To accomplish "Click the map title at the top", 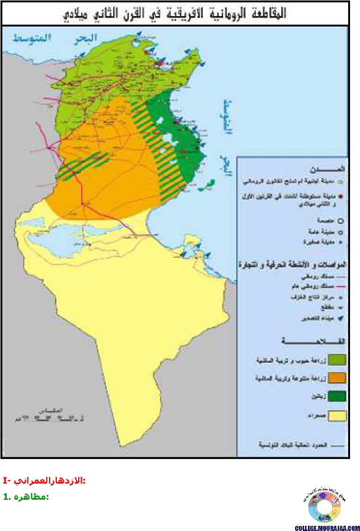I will coord(175,13).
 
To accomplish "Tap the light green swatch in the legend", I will coord(337,360).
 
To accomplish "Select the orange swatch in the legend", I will coord(337,378).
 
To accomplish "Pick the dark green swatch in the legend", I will coord(337,396).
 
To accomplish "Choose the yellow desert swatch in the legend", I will coord(337,415).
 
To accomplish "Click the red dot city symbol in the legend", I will coord(341,195).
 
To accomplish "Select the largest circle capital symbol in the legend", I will coord(341,220).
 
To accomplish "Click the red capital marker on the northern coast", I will coord(160,62).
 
